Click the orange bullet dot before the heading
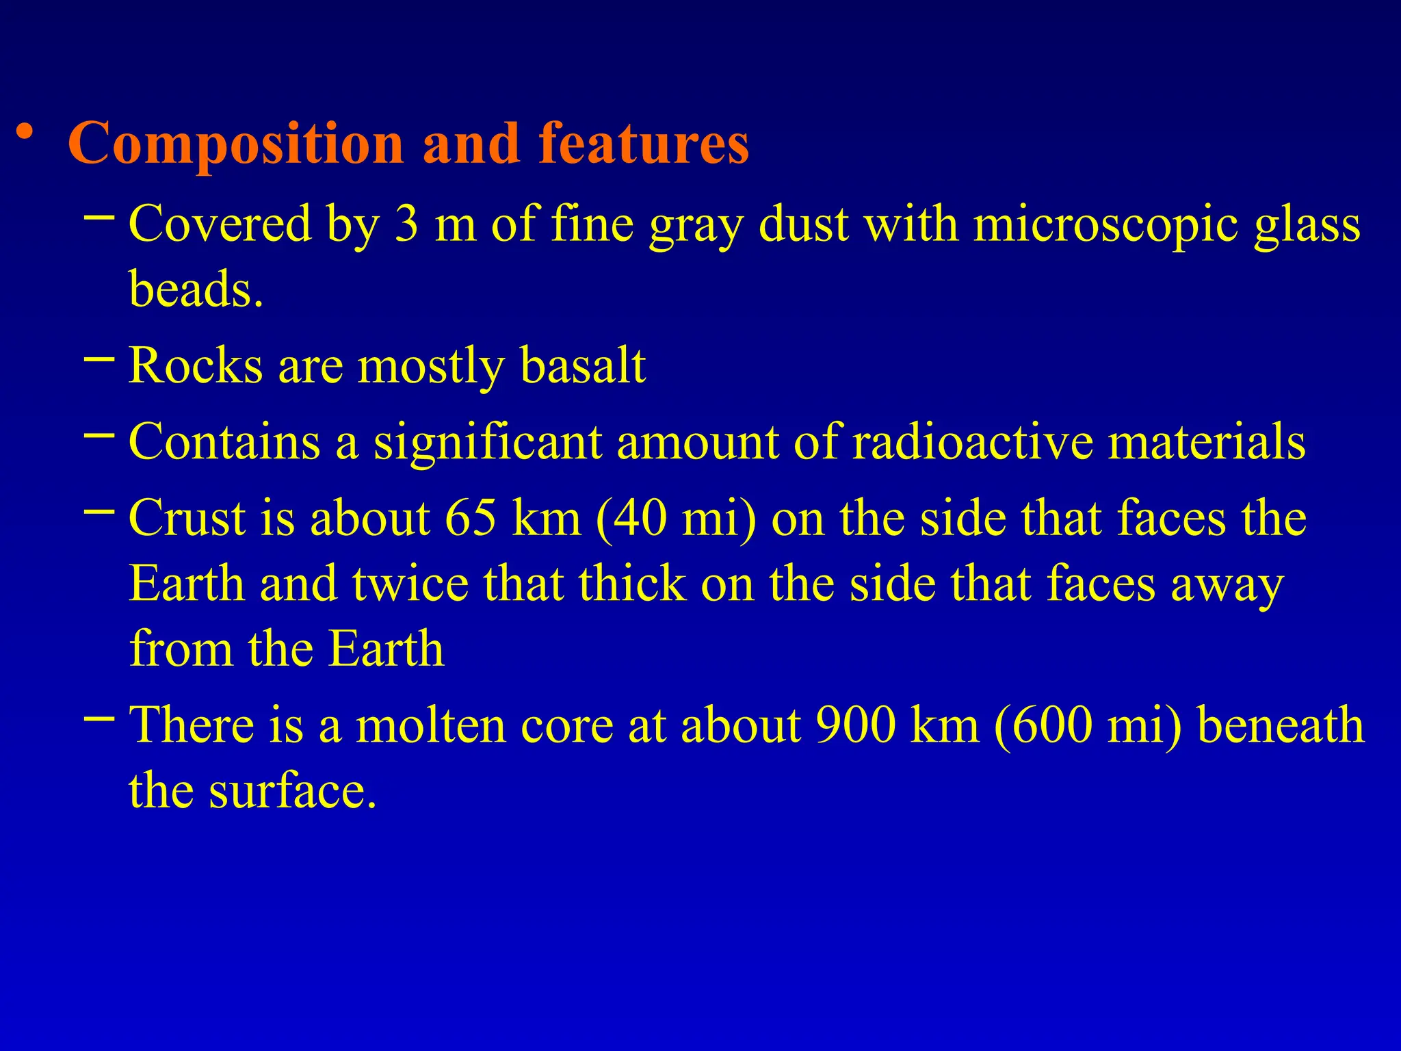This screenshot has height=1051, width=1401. (x=25, y=132)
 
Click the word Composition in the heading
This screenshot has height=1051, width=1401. (x=236, y=144)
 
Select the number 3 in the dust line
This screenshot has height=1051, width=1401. (x=406, y=224)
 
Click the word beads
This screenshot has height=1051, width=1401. (x=195, y=289)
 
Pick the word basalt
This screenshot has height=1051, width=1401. (x=582, y=366)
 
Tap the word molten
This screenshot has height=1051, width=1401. (x=430, y=725)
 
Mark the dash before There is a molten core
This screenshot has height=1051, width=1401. (x=99, y=718)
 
